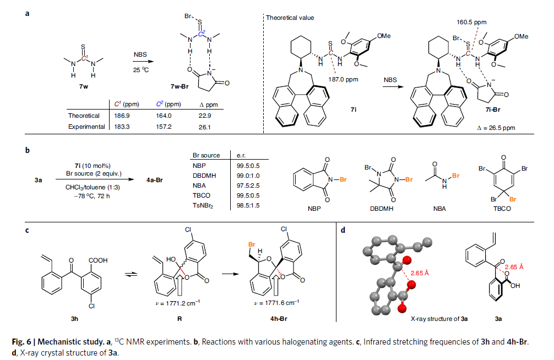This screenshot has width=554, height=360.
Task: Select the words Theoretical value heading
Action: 290,18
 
